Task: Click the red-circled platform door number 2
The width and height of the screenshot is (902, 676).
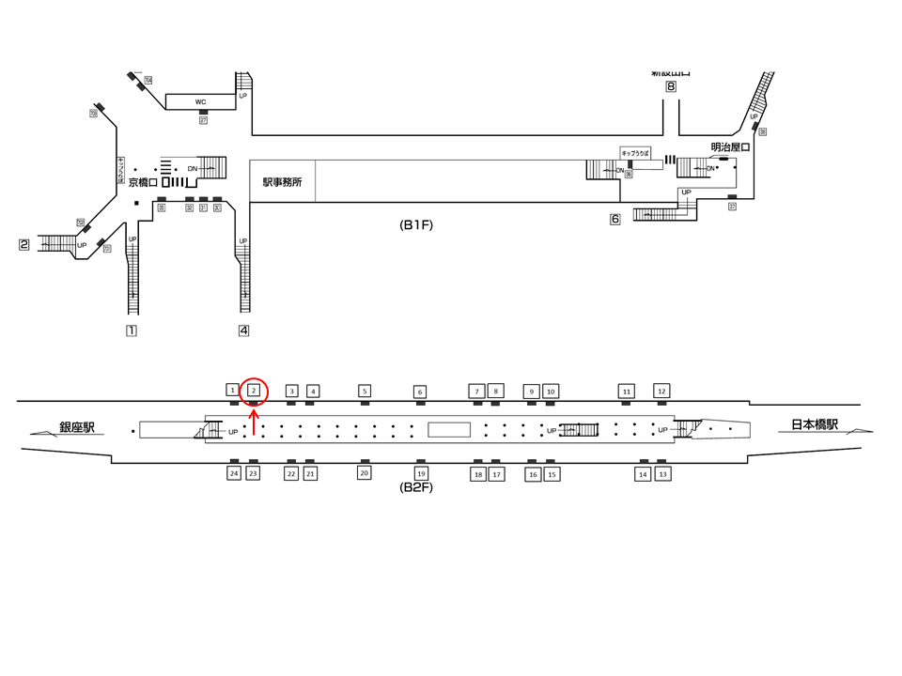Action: click(x=254, y=390)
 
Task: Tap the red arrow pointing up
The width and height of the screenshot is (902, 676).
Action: click(x=254, y=421)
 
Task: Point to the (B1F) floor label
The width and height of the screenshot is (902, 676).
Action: click(x=416, y=225)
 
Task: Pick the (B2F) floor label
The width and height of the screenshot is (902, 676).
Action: click(x=416, y=487)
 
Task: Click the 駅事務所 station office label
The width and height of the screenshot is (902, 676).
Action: click(x=282, y=182)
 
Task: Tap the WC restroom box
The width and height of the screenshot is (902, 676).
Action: click(x=200, y=101)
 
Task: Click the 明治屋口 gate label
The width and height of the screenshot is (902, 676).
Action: click(x=730, y=146)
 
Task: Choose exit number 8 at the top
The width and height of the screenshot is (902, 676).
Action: click(x=671, y=87)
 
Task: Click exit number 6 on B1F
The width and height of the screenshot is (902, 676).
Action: click(x=615, y=220)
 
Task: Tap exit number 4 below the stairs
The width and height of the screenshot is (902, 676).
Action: click(x=243, y=330)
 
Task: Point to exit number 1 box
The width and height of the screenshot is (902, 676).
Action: click(x=132, y=330)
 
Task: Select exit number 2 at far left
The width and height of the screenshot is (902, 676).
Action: click(x=25, y=245)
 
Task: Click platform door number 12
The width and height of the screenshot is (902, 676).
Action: click(x=661, y=390)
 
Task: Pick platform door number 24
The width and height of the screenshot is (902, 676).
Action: click(x=233, y=474)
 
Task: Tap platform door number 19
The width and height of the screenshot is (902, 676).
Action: click(x=421, y=474)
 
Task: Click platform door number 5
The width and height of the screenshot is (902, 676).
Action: click(x=365, y=390)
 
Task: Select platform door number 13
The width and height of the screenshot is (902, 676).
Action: click(x=662, y=474)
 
